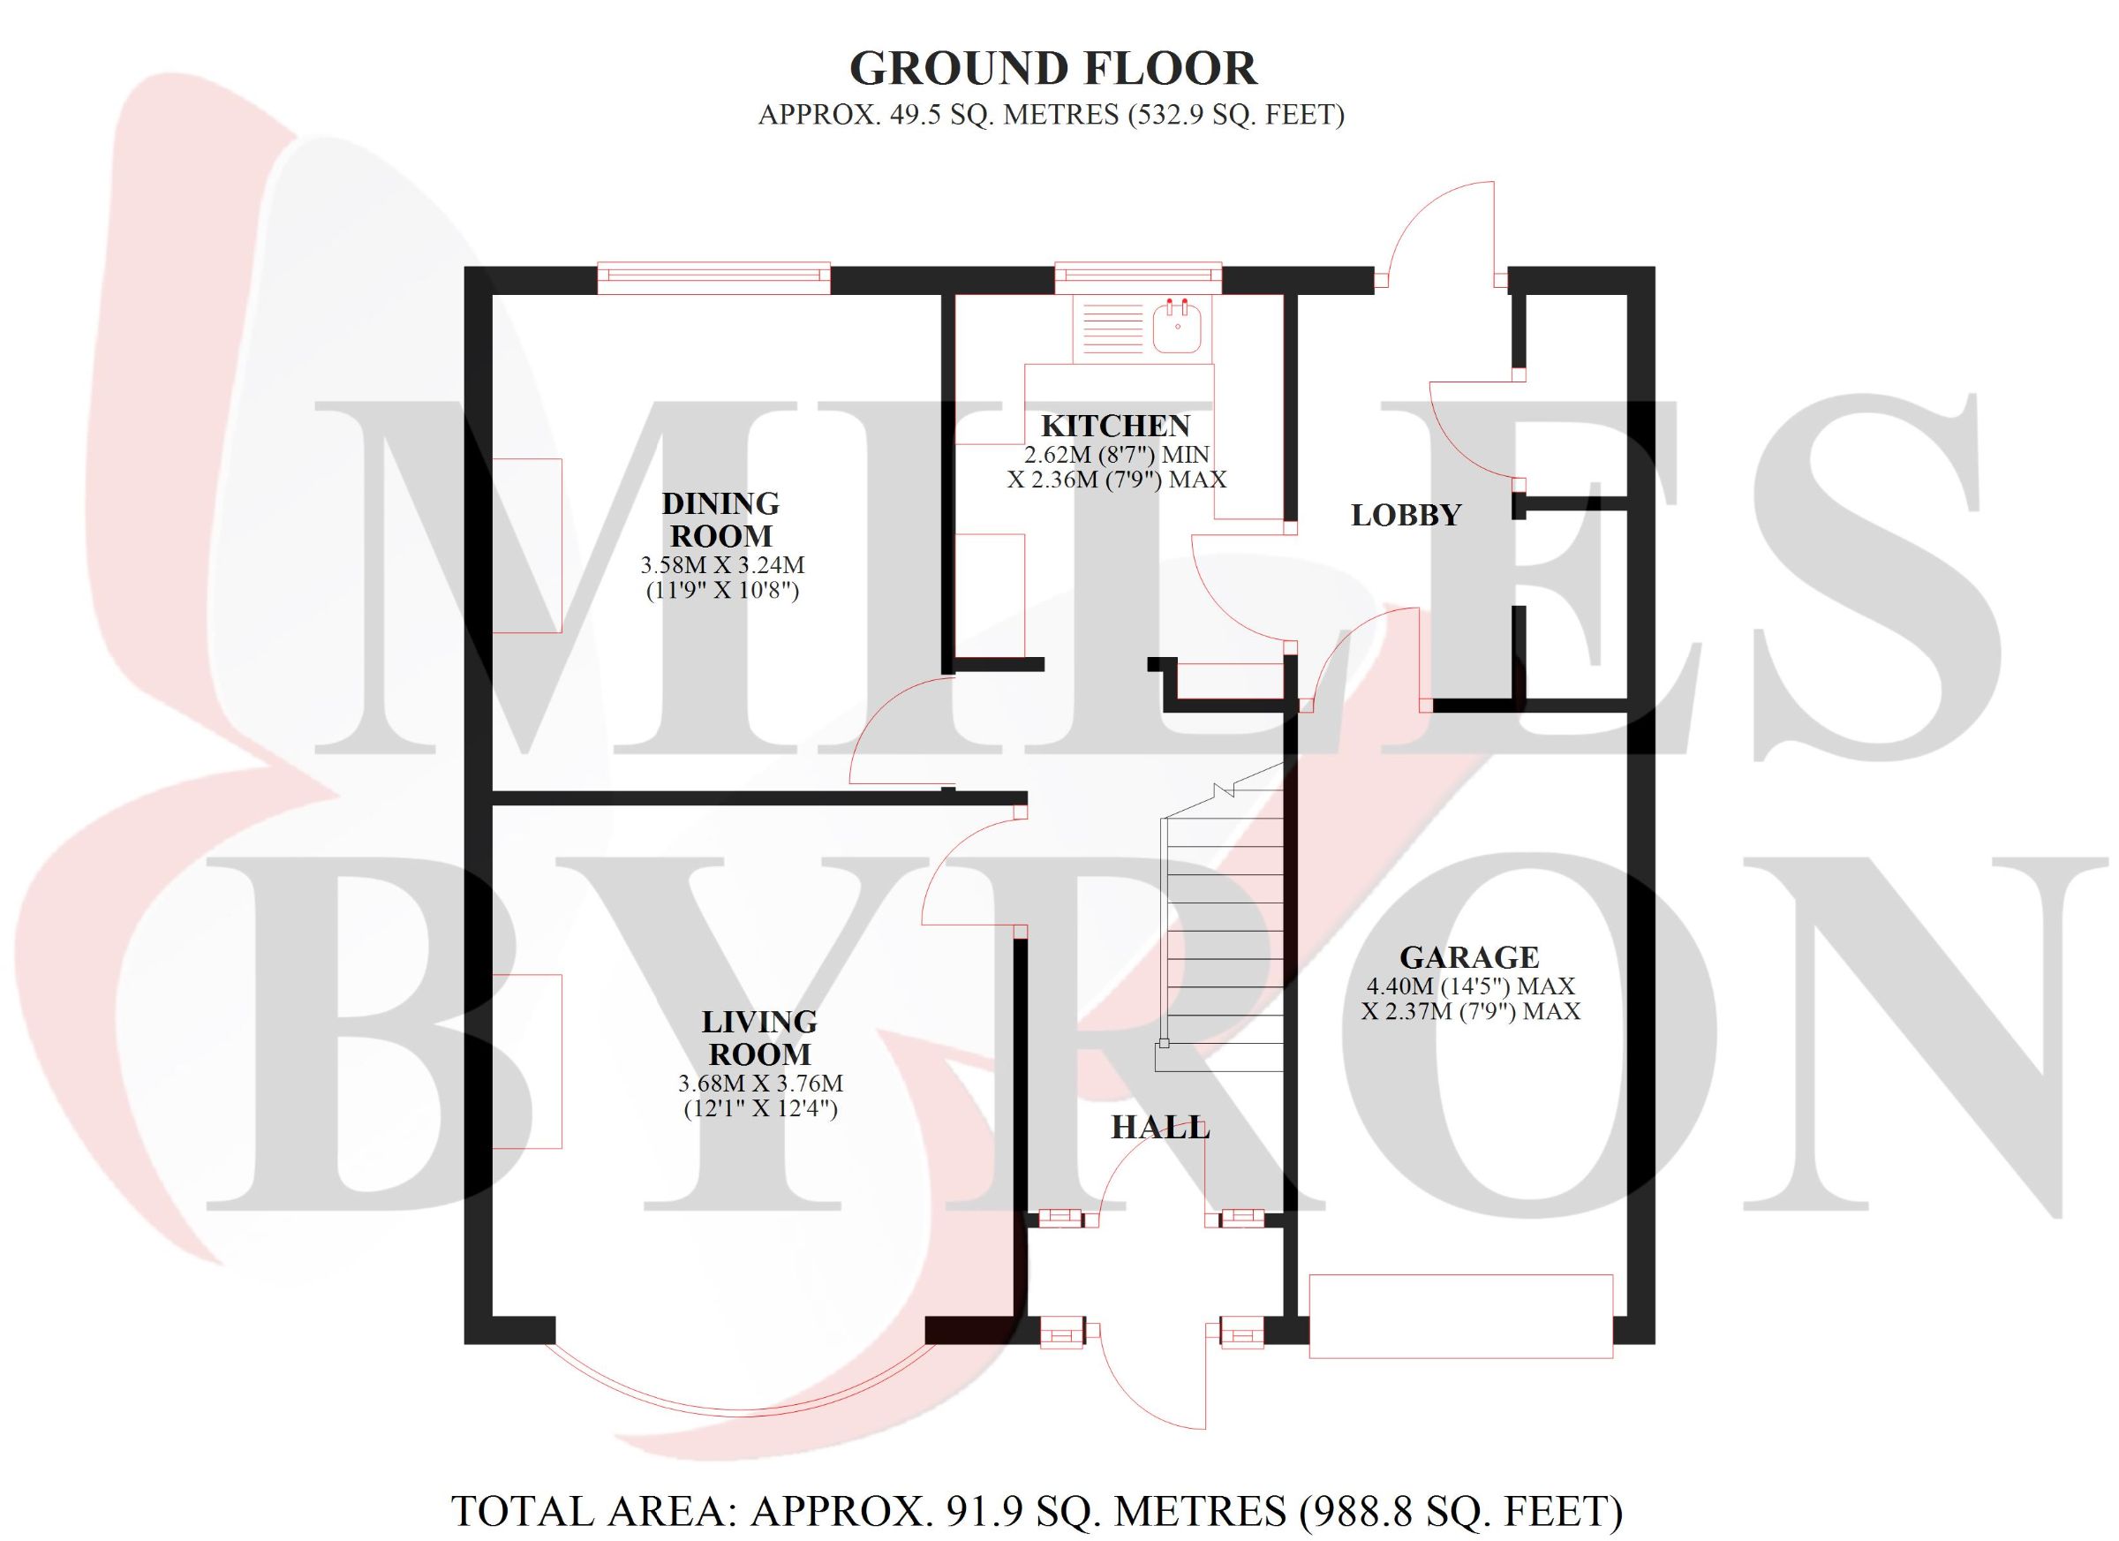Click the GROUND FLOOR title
(x=1053, y=69)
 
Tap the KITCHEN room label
(x=1115, y=427)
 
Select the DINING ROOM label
(x=720, y=519)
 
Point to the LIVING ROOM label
(x=759, y=1039)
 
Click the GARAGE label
(x=1470, y=957)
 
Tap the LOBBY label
(x=1406, y=515)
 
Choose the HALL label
(x=1160, y=1128)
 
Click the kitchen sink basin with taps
(x=1177, y=327)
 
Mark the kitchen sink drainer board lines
(x=1112, y=327)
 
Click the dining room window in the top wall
(x=713, y=277)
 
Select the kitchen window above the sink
(x=1138, y=277)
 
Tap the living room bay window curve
(x=740, y=1409)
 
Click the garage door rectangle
(x=1461, y=1316)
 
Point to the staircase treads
(x=1222, y=934)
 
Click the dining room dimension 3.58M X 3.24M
(x=722, y=565)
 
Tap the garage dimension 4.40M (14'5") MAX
(x=1471, y=986)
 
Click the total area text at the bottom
(x=1037, y=1511)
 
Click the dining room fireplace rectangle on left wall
(x=527, y=546)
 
